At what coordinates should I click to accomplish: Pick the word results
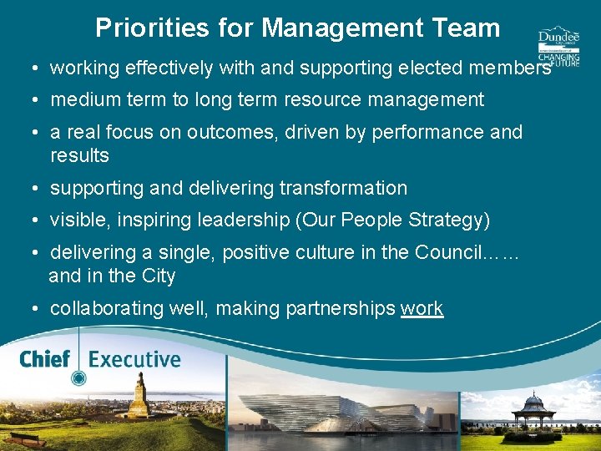[x=79, y=155]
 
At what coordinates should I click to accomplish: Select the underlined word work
[x=422, y=308]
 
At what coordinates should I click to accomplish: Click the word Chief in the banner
[x=44, y=360]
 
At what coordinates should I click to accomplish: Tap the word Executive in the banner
[x=134, y=360]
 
